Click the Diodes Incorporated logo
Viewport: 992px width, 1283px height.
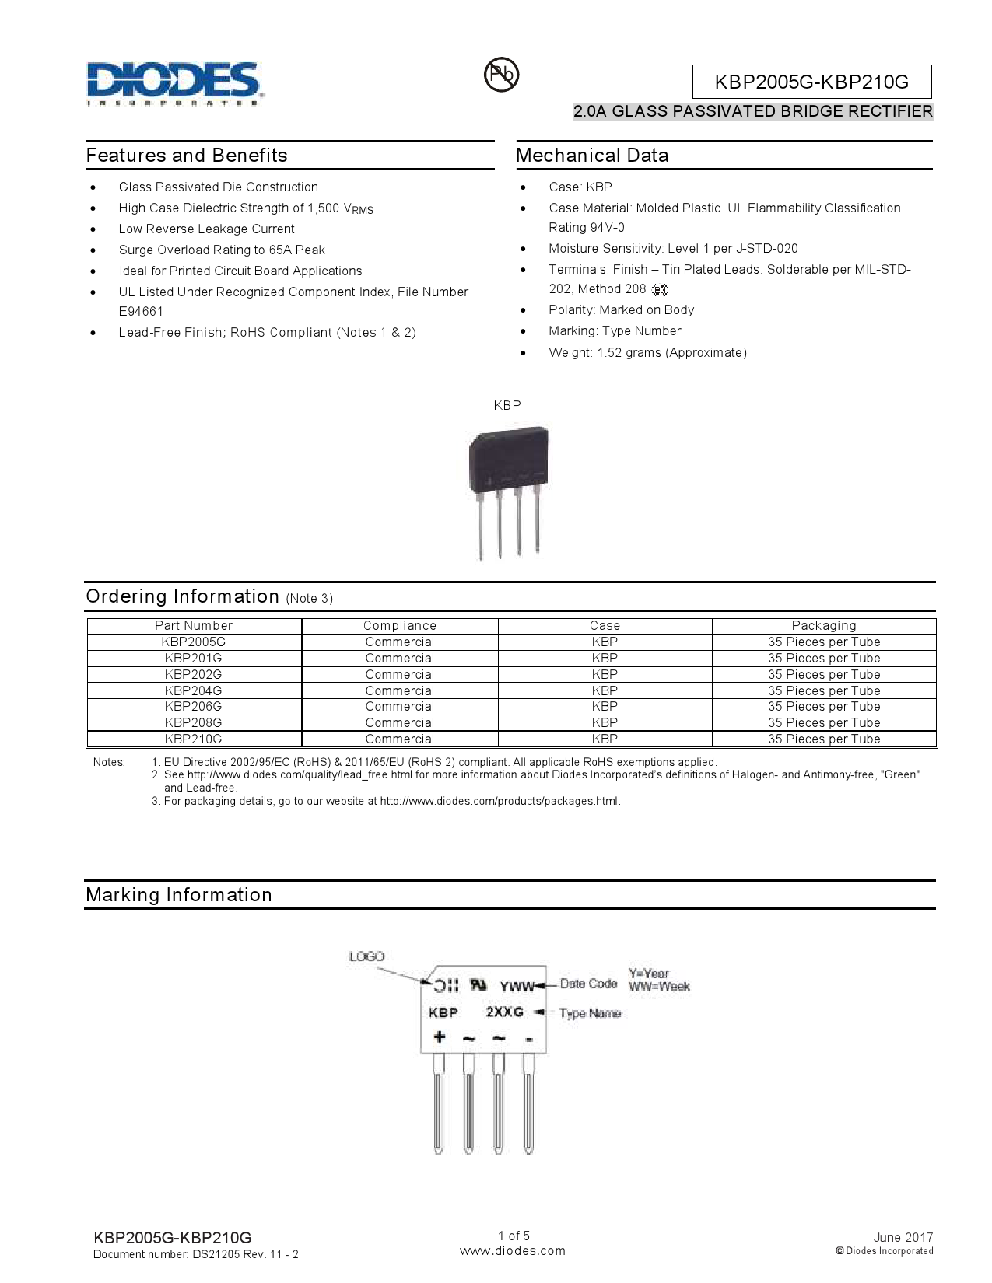point(174,83)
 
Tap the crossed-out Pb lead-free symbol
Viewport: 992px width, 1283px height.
point(501,75)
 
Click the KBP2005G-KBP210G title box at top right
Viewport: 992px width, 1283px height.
point(811,82)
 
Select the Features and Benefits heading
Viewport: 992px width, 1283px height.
point(187,156)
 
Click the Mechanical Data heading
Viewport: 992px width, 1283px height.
point(592,156)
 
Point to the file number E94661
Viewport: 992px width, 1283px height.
point(141,312)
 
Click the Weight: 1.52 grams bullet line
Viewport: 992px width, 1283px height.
point(647,353)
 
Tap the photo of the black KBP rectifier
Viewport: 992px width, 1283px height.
point(508,490)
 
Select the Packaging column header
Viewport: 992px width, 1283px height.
point(824,626)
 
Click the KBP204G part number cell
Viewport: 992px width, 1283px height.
point(193,690)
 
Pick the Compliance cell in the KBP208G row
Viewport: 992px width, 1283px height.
point(399,723)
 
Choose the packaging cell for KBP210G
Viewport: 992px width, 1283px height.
point(824,739)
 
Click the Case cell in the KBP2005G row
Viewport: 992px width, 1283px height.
point(605,642)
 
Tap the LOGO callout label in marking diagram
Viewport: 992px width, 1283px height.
point(366,956)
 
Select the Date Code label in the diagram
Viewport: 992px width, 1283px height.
point(588,984)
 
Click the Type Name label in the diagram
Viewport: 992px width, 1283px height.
point(590,1013)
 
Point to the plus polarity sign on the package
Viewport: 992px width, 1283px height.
point(439,1037)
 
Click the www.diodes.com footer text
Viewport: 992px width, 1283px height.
point(513,1251)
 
